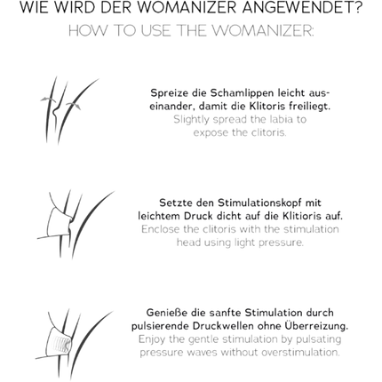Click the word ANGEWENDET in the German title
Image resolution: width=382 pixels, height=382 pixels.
[302, 8]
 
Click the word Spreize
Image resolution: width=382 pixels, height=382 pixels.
[170, 93]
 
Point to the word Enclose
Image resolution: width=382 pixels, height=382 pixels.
[161, 229]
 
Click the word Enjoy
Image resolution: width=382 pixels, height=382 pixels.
[152, 339]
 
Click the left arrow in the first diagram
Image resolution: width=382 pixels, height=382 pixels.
[47, 99]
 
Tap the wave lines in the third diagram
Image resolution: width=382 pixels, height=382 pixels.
[63, 345]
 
